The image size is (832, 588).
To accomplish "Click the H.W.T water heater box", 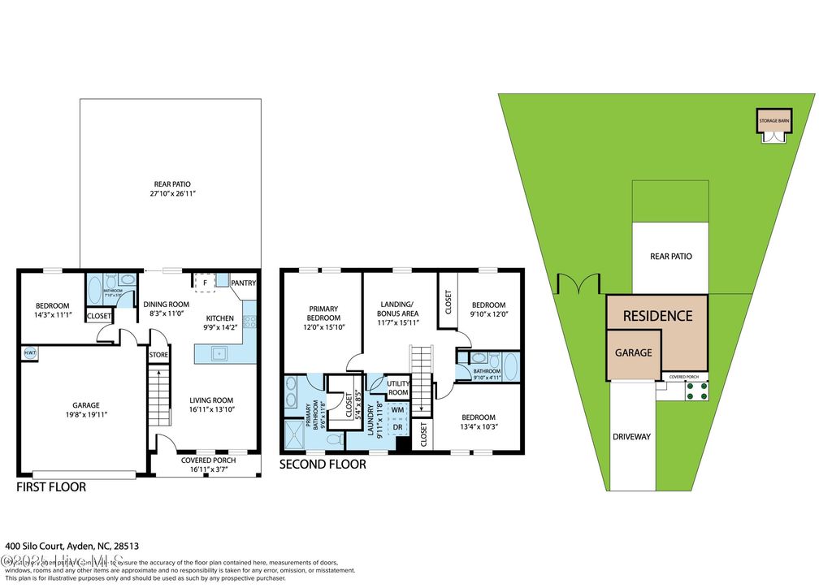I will pos(29,352).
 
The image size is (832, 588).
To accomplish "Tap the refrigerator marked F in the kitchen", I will pos(206,282).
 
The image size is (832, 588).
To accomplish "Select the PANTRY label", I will pos(243,283).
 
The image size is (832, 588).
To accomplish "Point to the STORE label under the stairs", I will pos(158,354).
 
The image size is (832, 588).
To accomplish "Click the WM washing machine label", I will pos(397,409).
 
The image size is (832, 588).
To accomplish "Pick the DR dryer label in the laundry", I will pos(397,427).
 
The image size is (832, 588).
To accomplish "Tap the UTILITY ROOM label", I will pos(397,387).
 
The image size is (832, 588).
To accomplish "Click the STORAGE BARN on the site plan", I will pos(773,122).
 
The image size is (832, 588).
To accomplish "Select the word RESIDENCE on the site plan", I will pos(657,316).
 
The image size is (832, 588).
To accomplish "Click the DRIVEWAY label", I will pos(632,436).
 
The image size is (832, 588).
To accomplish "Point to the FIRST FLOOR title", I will pos(51,487).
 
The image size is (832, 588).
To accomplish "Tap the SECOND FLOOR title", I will pos(322,465).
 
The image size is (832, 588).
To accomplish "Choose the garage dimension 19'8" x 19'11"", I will pos(80,414).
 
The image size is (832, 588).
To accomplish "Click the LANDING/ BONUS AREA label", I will pos(399,313).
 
